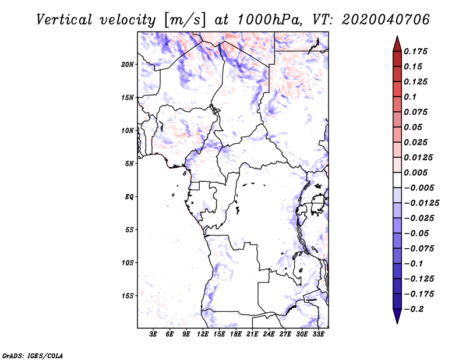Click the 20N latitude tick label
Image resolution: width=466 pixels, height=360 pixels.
tap(128, 64)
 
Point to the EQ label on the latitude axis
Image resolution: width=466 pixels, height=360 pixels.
tap(129, 197)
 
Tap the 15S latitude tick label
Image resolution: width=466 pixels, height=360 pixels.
tap(128, 296)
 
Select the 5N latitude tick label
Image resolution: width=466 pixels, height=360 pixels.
tap(129, 164)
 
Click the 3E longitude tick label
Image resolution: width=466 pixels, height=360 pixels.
tap(154, 335)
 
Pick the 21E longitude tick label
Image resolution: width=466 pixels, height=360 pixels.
tap(252, 335)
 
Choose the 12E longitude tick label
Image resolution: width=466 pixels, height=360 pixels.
tap(203, 335)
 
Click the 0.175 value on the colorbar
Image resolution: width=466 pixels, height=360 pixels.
tap(416, 51)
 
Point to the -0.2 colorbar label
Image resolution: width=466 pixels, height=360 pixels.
tap(414, 309)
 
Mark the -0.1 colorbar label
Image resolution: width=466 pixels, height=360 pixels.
tap(414, 263)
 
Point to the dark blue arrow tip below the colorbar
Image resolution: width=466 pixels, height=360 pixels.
tap(396, 319)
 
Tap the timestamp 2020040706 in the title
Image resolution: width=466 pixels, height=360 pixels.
tap(386, 19)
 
